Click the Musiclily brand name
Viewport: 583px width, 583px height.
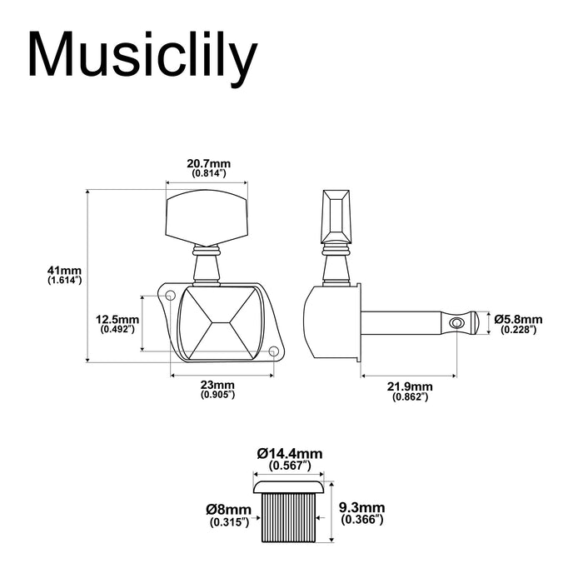click(142, 57)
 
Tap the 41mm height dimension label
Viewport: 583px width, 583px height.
click(65, 271)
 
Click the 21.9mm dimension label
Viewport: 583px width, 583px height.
click(410, 387)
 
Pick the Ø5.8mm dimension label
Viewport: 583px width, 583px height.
click(517, 319)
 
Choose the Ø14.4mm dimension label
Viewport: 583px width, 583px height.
click(290, 453)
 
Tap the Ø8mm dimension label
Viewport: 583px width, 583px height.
click(230, 510)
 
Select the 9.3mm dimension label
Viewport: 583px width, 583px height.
click(362, 507)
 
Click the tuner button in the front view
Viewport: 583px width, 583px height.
click(208, 213)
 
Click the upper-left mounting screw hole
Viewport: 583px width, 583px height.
click(169, 296)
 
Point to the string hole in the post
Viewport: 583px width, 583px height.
click(456, 323)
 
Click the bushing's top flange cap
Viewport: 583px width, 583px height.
click(290, 486)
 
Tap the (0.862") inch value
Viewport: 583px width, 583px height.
click(410, 399)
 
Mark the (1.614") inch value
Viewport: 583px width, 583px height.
click(65, 282)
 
